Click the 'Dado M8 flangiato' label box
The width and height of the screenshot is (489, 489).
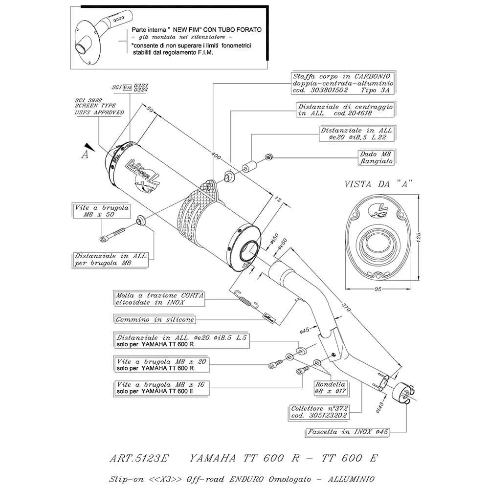coord(377,156)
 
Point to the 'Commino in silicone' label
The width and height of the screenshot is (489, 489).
coord(155,320)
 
